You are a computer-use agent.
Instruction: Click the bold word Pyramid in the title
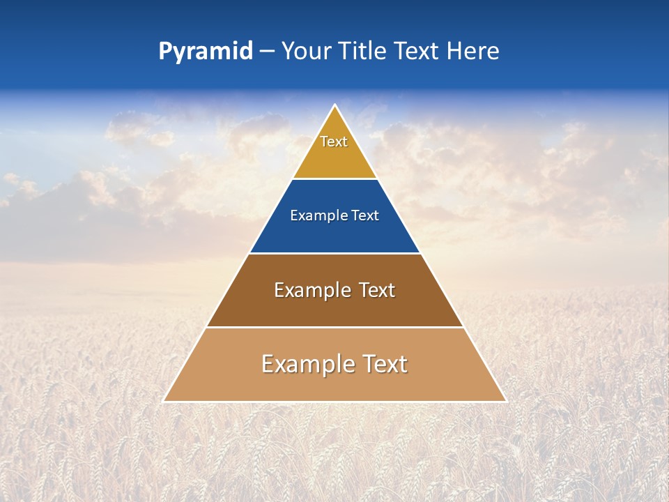point(206,52)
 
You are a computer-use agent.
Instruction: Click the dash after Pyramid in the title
point(267,52)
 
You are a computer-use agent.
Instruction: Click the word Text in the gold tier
point(334,142)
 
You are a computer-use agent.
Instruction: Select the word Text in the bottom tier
point(383,364)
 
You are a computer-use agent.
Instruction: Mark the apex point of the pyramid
point(335,105)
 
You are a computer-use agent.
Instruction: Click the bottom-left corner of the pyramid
point(164,401)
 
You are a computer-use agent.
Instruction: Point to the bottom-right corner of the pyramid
point(506,401)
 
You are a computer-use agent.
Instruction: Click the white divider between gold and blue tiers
point(334,178)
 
